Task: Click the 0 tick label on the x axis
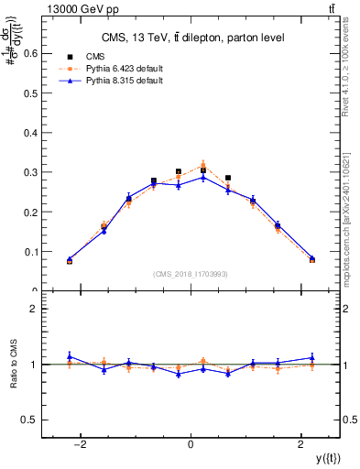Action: (191, 444)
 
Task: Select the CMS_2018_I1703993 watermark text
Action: (191, 274)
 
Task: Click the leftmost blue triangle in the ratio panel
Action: (70, 356)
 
